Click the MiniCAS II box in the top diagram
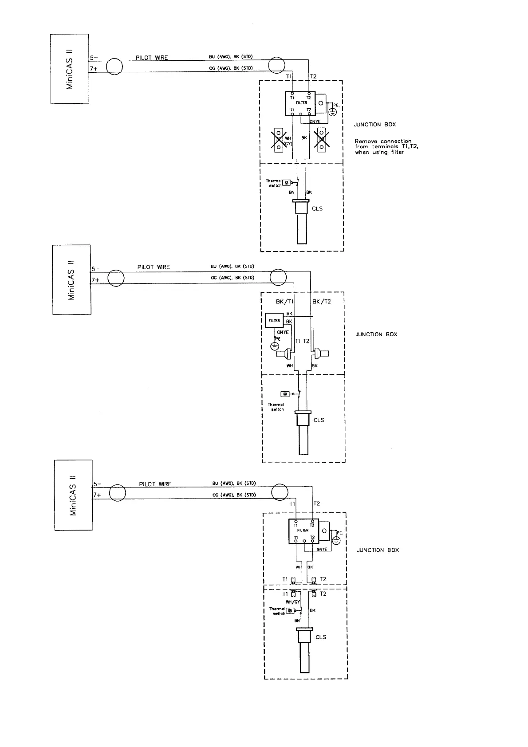click(x=70, y=69)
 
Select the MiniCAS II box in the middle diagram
click(x=72, y=279)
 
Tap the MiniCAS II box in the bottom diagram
click(x=74, y=495)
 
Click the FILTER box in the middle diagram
click(x=274, y=320)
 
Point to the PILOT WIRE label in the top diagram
click(x=152, y=58)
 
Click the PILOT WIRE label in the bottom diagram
click(x=155, y=484)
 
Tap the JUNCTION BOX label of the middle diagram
click(x=376, y=334)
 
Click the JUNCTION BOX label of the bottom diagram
click(x=378, y=550)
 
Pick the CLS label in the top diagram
click(x=317, y=208)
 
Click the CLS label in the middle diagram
click(x=319, y=420)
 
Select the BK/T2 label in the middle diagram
click(x=322, y=302)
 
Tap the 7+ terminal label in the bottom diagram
click(x=97, y=495)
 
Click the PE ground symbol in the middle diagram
click(x=276, y=346)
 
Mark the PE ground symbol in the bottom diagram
click(x=337, y=540)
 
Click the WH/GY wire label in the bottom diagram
click(x=293, y=602)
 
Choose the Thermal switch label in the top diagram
click(x=273, y=183)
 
